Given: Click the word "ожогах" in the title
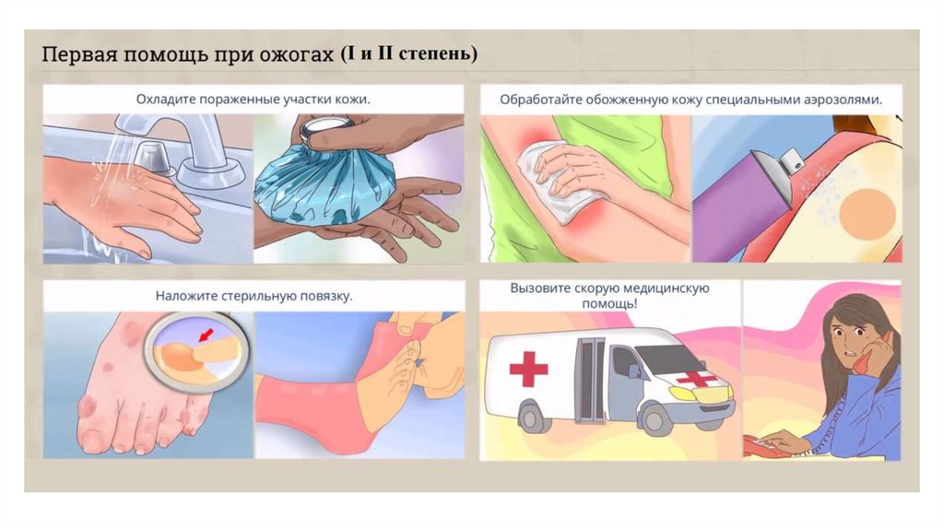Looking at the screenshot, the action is tap(298, 54).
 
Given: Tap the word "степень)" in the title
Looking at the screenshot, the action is tap(438, 53).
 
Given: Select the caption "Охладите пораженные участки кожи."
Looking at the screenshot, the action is tap(253, 100).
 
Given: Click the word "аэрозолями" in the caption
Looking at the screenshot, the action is tap(843, 100).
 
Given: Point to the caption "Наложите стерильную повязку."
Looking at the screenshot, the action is tap(254, 296).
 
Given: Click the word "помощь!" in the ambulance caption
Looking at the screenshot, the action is tap(609, 303).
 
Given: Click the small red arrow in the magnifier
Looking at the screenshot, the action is tap(206, 335).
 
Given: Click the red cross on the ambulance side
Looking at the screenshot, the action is tap(528, 367).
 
